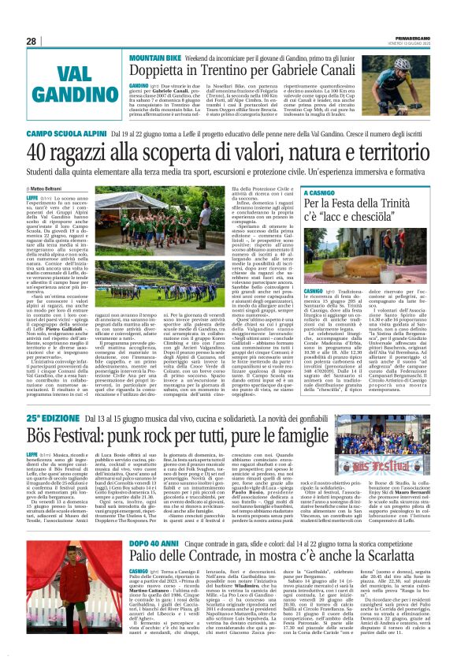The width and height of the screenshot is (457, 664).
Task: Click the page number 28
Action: (32, 42)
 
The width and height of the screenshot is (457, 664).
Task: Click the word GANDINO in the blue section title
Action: (60, 96)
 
